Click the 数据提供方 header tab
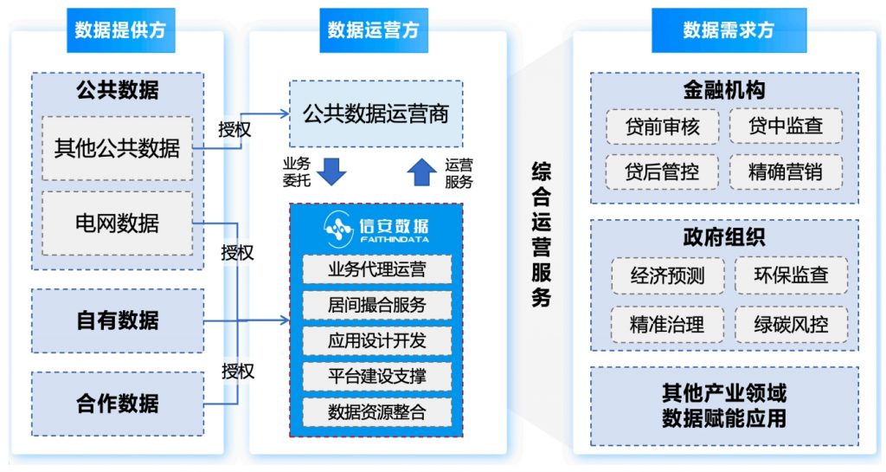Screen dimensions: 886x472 [120, 30]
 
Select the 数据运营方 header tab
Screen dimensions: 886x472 [374, 30]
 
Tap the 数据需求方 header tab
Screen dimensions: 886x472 [729, 30]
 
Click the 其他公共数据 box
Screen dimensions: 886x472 [117, 149]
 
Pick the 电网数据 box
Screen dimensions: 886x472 [117, 223]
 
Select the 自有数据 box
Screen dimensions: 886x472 [118, 320]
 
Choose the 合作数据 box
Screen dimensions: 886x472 [118, 404]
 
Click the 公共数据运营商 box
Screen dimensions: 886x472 [376, 113]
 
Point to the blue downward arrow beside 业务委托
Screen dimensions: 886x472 [331, 171]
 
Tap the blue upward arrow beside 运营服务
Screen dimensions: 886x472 [421, 171]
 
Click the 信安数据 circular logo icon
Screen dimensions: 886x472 [338, 229]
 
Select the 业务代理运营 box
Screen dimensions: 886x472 [377, 269]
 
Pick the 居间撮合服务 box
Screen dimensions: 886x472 [377, 305]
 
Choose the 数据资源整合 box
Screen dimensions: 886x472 [377, 412]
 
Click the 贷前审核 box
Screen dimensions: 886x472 [662, 126]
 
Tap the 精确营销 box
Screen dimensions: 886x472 [786, 171]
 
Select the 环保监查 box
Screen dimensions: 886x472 [791, 275]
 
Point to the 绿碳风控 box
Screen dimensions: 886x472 [791, 325]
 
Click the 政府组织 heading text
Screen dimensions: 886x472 [724, 236]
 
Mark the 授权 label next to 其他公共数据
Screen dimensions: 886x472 [234, 129]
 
